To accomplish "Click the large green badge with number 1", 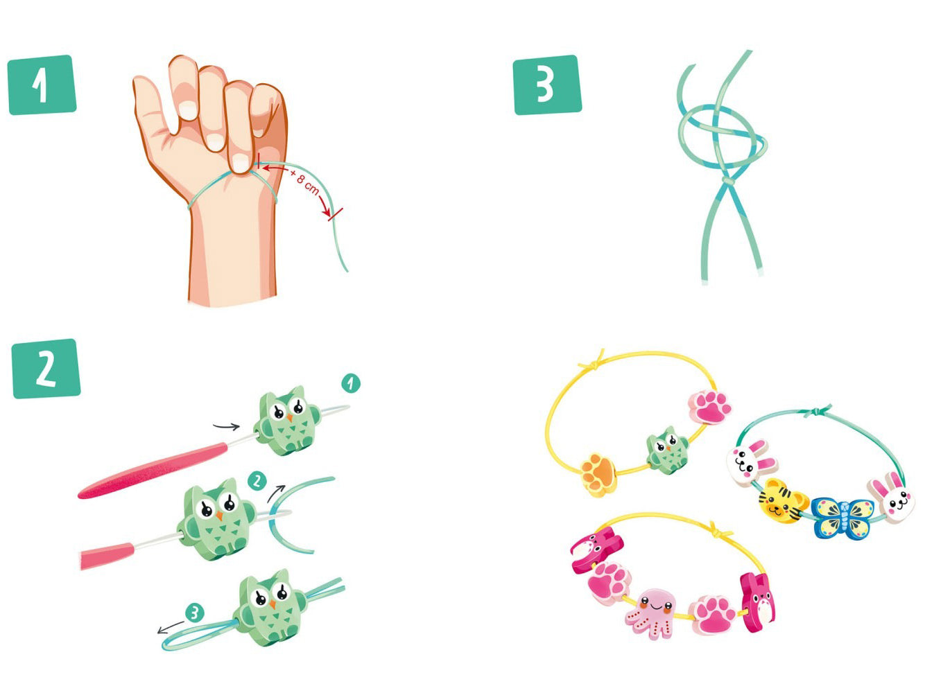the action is (42, 85).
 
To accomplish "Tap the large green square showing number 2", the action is (46, 369).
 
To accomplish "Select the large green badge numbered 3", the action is (547, 85).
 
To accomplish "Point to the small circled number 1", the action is (351, 383).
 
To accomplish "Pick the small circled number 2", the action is (257, 481).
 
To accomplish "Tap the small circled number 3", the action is (194, 613).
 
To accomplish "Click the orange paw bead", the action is (598, 475).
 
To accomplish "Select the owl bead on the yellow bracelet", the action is (668, 449).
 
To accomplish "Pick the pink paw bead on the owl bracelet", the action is (709, 406).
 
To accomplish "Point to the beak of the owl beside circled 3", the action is (273, 605).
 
